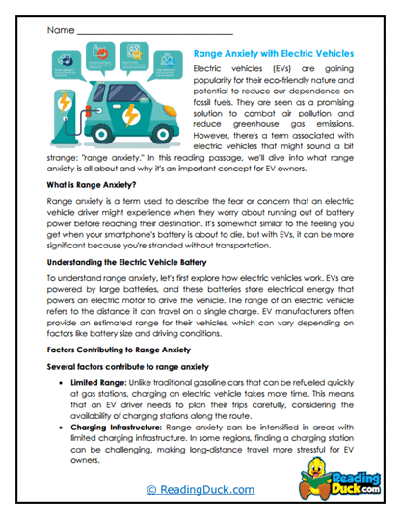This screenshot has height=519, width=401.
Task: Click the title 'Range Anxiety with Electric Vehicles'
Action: [x=274, y=55]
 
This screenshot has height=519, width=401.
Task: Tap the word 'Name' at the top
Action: [x=59, y=30]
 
